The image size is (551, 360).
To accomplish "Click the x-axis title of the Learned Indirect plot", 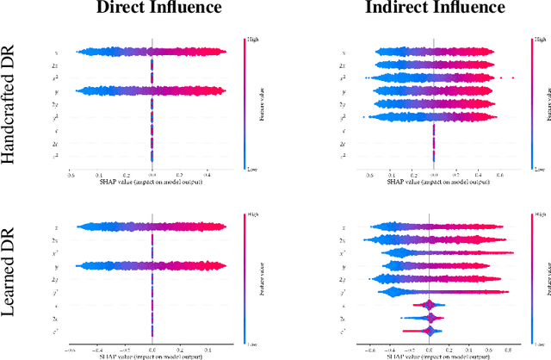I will [434, 357].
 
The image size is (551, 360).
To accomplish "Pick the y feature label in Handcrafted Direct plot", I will [55, 90].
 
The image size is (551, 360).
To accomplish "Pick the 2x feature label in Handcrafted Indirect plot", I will [343, 65].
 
